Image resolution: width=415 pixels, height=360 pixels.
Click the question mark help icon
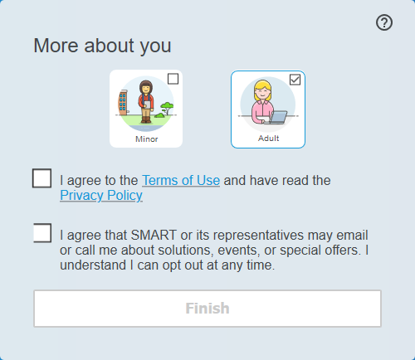pos(383,23)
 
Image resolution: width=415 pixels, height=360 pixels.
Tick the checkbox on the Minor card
pos(173,79)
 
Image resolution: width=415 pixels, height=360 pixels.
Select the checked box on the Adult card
pos(295,80)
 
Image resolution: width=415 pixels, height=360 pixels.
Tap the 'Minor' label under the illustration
pos(146,139)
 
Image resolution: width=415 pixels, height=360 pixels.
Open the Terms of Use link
pos(181,179)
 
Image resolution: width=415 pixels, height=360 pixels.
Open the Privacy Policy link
pos(101,196)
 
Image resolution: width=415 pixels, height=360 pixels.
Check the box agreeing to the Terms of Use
pos(42,178)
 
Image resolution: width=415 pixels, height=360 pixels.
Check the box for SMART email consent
pos(42,233)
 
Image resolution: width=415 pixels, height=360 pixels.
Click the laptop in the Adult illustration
pos(278,117)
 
